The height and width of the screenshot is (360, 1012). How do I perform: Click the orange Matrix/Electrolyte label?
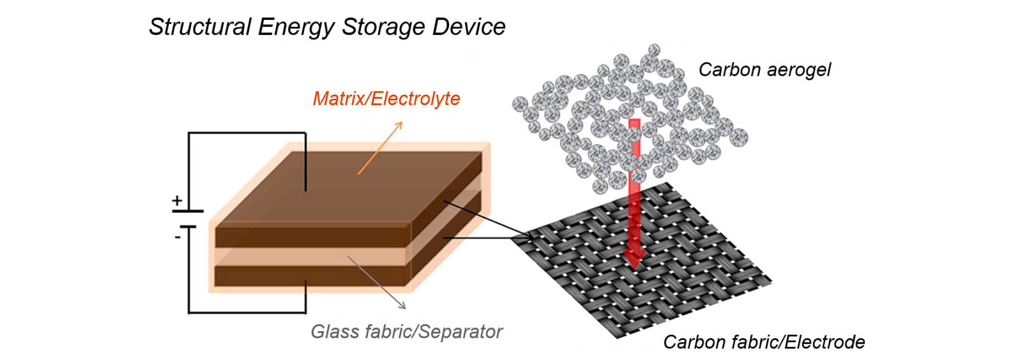point(386,99)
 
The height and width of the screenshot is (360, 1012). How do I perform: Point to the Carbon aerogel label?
point(764,70)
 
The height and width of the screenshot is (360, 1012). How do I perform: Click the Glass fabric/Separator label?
point(407,332)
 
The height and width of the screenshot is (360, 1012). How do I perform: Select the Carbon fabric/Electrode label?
point(763,342)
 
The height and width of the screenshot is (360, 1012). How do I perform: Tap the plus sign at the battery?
point(177,200)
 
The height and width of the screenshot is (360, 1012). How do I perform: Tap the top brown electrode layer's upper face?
point(345,188)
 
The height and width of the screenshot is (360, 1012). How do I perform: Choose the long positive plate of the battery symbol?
point(187,211)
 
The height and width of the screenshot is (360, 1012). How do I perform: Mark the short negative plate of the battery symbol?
point(188,227)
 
